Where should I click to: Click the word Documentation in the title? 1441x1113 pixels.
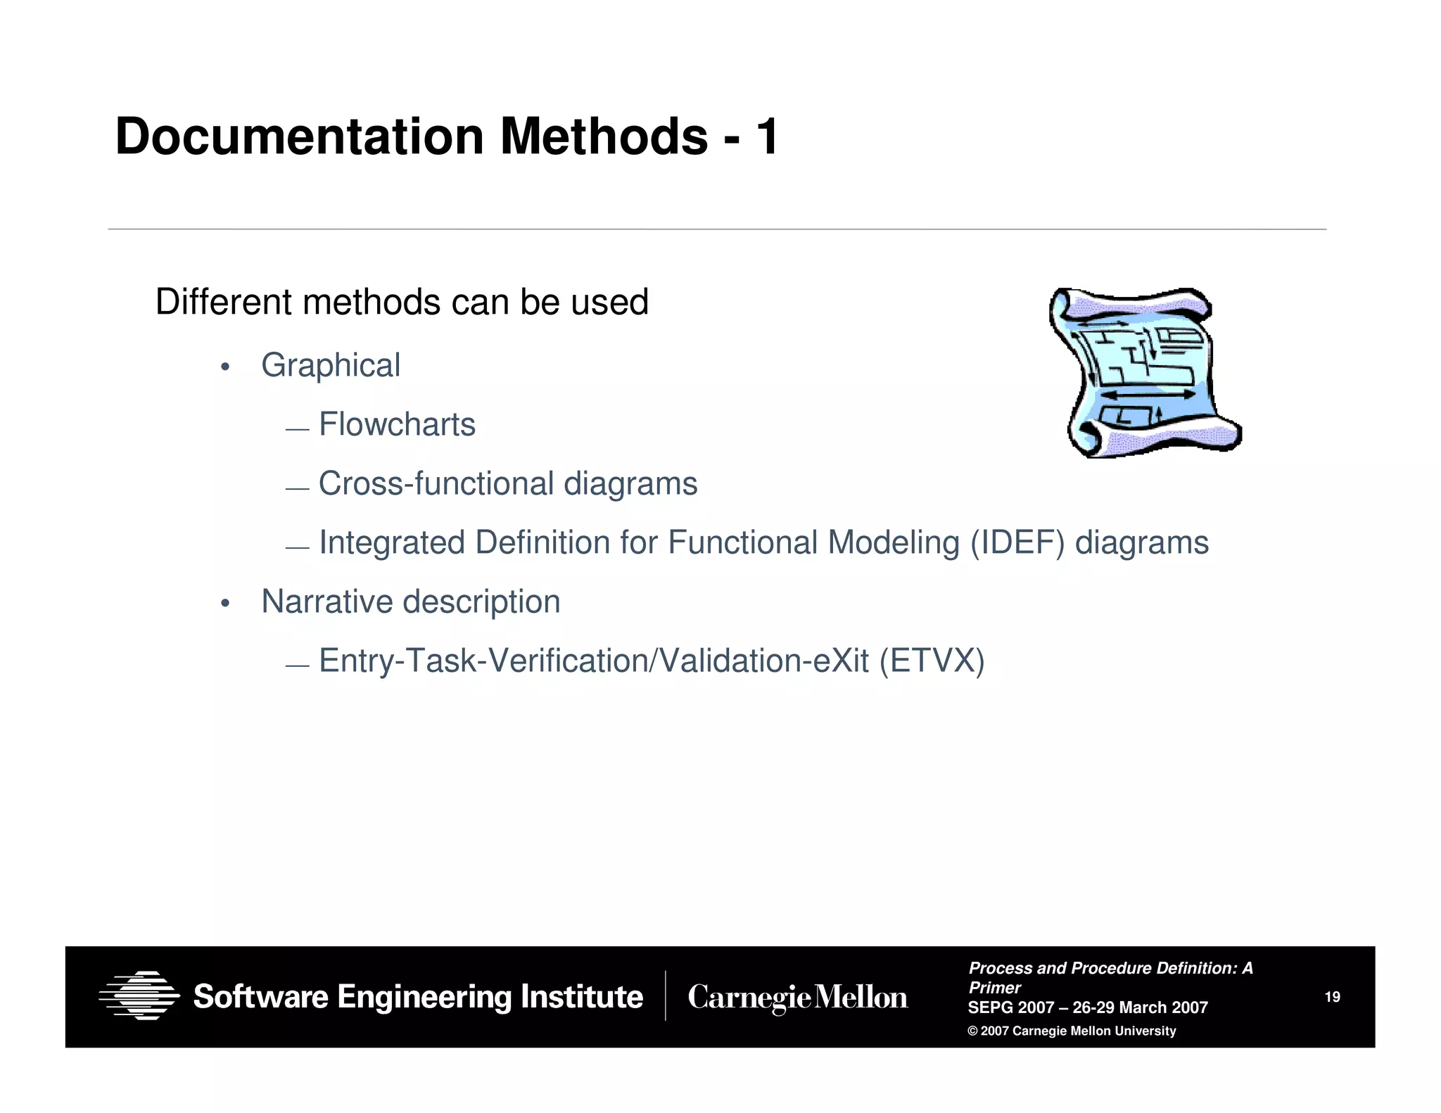click(300, 136)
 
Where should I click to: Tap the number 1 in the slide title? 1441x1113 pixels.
click(767, 136)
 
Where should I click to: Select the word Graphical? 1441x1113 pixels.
click(331, 366)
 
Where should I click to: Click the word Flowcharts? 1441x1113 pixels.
click(397, 425)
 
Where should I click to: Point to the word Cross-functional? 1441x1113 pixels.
click(436, 484)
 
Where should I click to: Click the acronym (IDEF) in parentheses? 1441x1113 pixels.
click(1017, 543)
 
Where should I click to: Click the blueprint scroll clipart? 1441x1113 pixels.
click(1144, 373)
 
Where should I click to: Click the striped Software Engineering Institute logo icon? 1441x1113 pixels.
click(139, 996)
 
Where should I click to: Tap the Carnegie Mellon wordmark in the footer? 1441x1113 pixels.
click(798, 998)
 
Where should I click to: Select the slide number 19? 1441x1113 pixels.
click(1332, 997)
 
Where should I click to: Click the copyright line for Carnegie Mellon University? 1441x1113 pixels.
click(1072, 1031)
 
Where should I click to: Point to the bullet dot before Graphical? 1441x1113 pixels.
click(225, 367)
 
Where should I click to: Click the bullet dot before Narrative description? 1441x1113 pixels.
click(225, 604)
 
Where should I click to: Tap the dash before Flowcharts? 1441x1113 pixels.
click(298, 429)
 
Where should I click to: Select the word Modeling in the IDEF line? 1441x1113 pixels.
click(894, 543)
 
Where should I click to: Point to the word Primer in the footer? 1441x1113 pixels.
click(994, 988)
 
